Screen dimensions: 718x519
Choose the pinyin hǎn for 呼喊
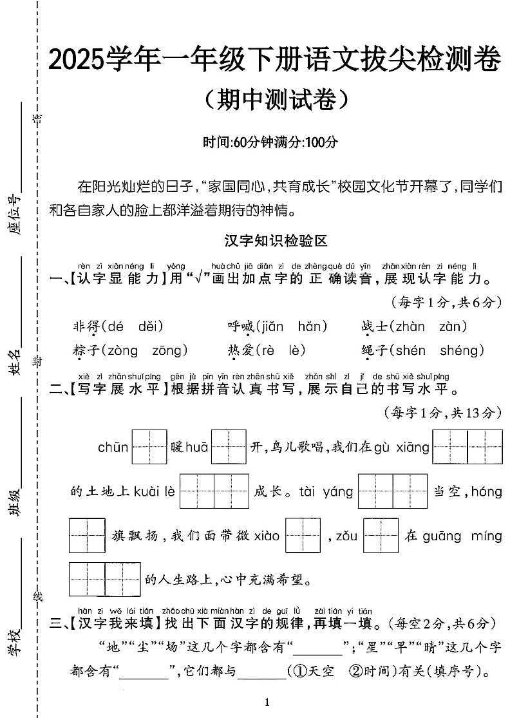click(x=313, y=326)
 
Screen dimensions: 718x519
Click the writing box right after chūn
click(x=149, y=447)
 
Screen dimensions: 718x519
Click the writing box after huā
click(x=229, y=447)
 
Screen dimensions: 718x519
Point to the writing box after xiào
click(x=303, y=536)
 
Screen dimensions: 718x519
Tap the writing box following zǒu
click(x=381, y=536)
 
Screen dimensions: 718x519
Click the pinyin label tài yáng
click(x=326, y=492)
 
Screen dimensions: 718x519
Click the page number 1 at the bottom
click(x=267, y=702)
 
